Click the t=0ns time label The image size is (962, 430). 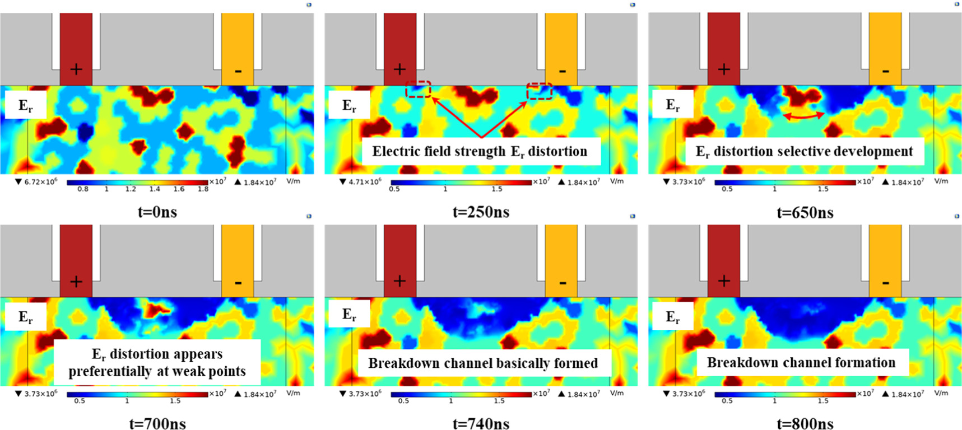pyautogui.click(x=157, y=212)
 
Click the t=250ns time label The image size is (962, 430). pyautogui.click(x=481, y=212)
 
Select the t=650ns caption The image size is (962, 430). pyautogui.click(x=805, y=213)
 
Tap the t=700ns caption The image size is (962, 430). pyautogui.click(x=157, y=424)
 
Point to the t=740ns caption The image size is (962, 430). pyautogui.click(x=481, y=424)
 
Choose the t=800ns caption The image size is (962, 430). pyautogui.click(x=805, y=424)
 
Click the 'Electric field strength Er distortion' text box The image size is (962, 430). pyautogui.click(x=480, y=152)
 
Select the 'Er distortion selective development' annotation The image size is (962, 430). pyautogui.click(x=804, y=152)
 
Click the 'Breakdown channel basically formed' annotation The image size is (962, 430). pyautogui.click(x=483, y=363)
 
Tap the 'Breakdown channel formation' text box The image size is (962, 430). pyautogui.click(x=801, y=363)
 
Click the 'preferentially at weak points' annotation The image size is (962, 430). pyautogui.click(x=157, y=372)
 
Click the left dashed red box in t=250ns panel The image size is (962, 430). pyautogui.click(x=419, y=89)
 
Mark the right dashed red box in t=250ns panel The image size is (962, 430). pyautogui.click(x=539, y=91)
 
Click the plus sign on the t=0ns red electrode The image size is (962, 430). pyautogui.click(x=76, y=69)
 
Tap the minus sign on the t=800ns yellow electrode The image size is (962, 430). pyautogui.click(x=885, y=282)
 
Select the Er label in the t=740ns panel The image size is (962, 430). pyautogui.click(x=349, y=315)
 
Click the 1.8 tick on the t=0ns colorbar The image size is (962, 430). pyautogui.click(x=203, y=189)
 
